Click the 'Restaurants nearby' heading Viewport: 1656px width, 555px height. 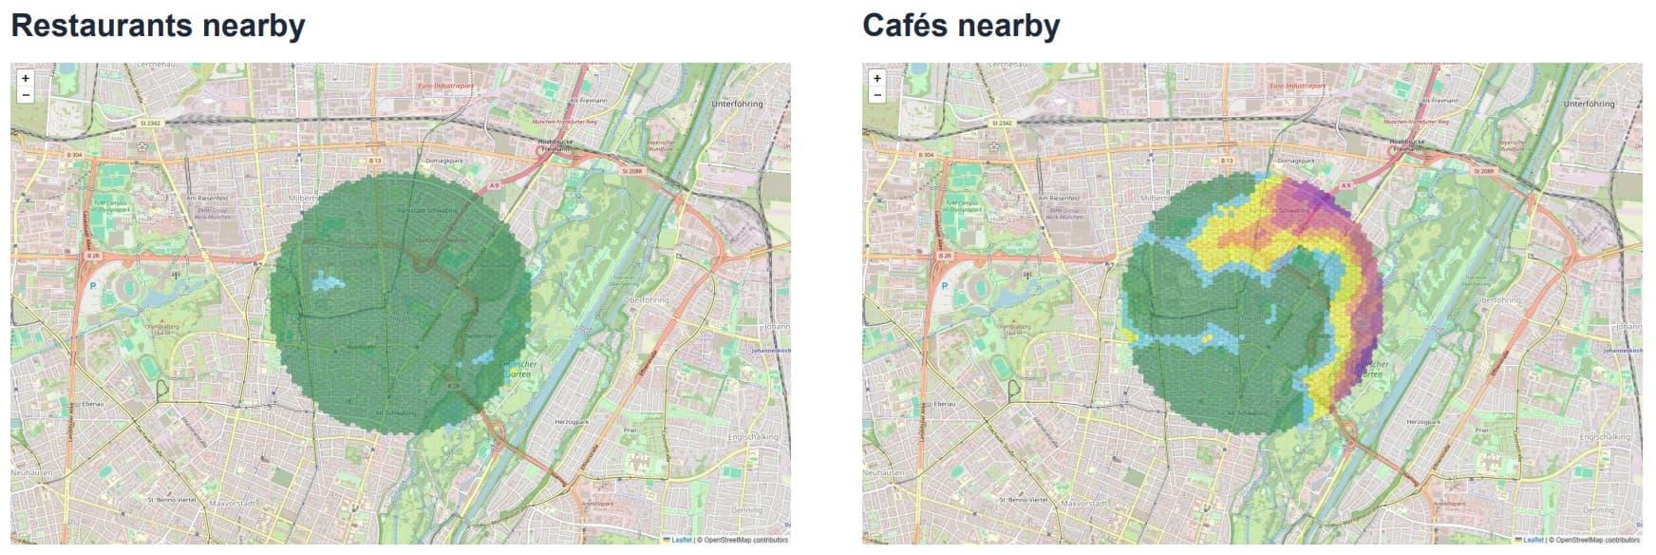click(158, 26)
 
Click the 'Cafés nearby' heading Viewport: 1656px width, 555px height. click(960, 26)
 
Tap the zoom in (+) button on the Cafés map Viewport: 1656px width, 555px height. click(876, 79)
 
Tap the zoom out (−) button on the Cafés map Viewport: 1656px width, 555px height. click(876, 95)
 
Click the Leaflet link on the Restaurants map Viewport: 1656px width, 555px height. click(681, 540)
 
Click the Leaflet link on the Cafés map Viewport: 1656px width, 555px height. click(1533, 540)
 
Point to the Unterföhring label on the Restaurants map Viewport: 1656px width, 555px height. click(736, 104)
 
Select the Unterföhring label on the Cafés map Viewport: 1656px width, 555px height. click(1588, 104)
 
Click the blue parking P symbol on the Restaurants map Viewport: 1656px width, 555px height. click(93, 284)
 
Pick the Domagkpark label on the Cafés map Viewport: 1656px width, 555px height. click(1295, 161)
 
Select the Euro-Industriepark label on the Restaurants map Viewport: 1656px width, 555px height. click(445, 86)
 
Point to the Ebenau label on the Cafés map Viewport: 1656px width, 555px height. click(944, 404)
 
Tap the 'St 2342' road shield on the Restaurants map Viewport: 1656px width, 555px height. click(150, 124)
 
